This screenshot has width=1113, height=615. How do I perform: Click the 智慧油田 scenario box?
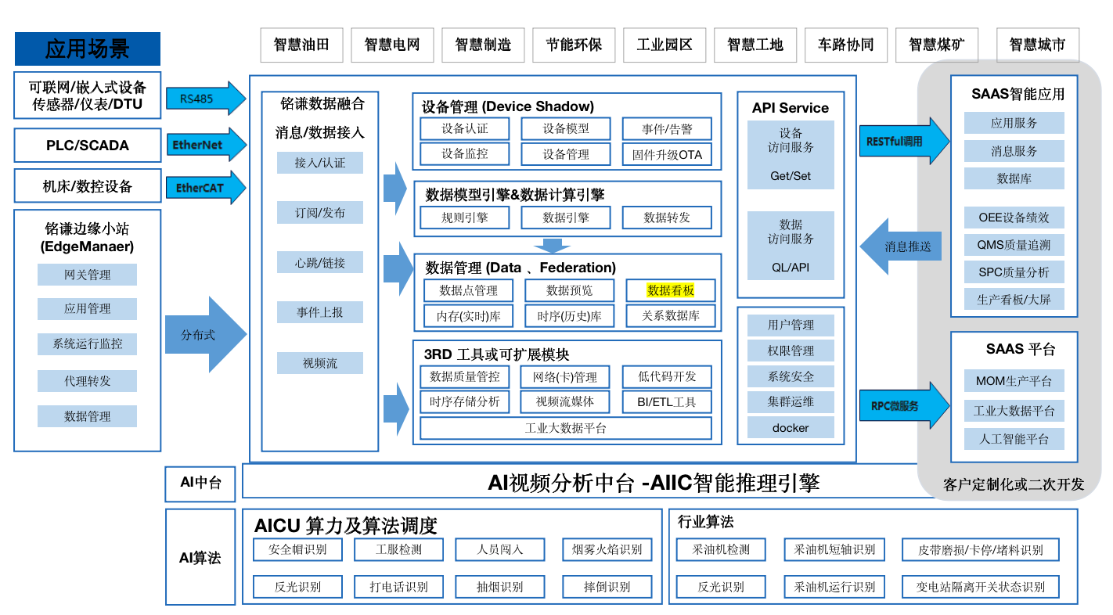(x=301, y=45)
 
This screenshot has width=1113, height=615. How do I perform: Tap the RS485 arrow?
(x=206, y=99)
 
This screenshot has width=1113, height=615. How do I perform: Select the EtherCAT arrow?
(x=206, y=188)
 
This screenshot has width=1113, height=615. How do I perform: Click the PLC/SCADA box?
(x=88, y=145)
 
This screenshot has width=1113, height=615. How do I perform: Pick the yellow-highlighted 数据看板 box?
(x=670, y=290)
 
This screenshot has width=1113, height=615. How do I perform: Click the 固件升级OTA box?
(x=667, y=154)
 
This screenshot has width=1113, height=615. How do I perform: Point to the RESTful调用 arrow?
(x=904, y=141)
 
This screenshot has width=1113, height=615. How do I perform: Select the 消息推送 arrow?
(x=900, y=246)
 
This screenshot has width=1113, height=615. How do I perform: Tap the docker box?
(x=791, y=428)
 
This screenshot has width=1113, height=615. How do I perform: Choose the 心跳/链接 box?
(x=320, y=262)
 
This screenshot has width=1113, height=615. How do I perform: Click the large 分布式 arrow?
(x=206, y=334)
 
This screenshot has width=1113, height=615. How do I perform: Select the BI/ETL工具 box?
(x=667, y=402)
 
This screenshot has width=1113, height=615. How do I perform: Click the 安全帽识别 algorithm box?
(x=297, y=549)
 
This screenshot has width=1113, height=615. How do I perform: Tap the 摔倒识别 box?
(x=607, y=587)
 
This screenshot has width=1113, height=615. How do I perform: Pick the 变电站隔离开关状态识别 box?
(x=981, y=587)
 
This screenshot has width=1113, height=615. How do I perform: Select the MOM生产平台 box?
(x=1014, y=381)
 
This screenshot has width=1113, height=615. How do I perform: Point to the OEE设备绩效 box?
(x=1014, y=217)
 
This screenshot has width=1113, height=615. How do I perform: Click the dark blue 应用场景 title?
(x=88, y=49)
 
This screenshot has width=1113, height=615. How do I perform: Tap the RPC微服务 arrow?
(x=904, y=405)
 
